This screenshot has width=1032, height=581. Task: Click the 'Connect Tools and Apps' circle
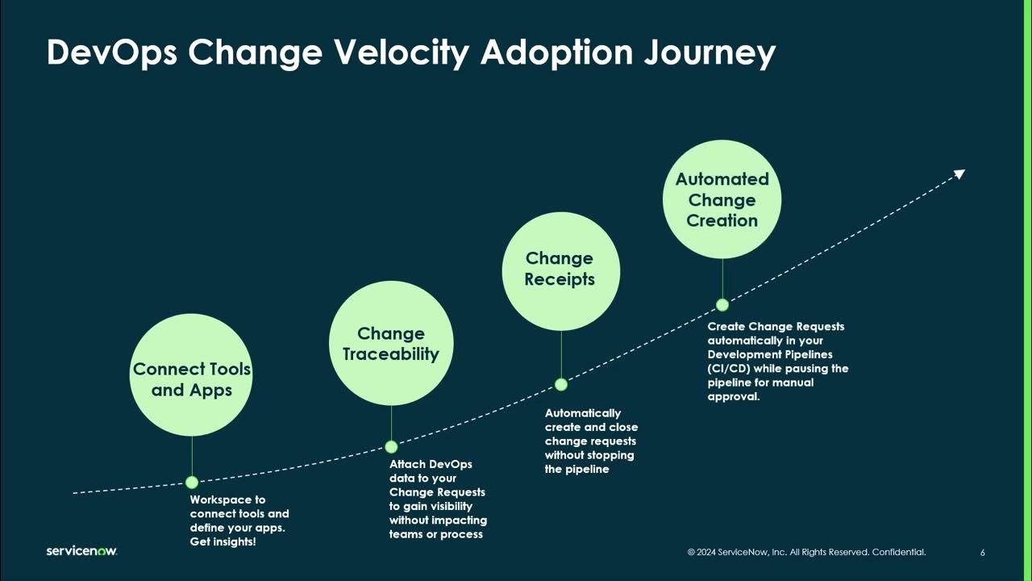tap(192, 375)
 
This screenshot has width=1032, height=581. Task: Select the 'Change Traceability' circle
tap(391, 344)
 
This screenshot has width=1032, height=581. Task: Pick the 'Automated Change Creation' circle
tap(722, 199)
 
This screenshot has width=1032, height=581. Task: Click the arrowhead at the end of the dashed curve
tap(959, 173)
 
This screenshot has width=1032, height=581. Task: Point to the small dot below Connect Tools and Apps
tap(192, 483)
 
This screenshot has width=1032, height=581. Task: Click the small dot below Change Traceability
tap(391, 446)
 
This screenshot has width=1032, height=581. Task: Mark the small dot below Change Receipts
tap(561, 384)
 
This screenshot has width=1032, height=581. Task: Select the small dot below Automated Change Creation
tap(722, 304)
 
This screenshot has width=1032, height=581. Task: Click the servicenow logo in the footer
tap(81, 551)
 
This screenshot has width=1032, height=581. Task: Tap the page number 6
tap(983, 553)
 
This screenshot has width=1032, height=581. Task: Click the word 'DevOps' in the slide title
tap(111, 53)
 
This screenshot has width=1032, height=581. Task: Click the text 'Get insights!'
tap(223, 541)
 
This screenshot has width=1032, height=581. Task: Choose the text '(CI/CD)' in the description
tap(729, 369)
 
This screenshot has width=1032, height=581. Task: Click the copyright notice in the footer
tap(806, 553)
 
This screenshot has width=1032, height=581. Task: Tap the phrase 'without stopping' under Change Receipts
tap(589, 455)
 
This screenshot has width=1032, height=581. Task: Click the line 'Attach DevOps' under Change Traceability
tap(431, 464)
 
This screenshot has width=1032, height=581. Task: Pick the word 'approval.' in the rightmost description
tap(734, 397)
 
